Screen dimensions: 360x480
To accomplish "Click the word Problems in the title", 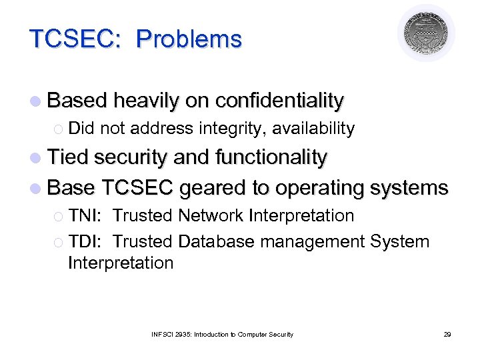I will (x=189, y=39).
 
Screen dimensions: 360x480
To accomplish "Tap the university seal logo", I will (x=426, y=33).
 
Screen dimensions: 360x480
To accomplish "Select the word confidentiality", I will (x=279, y=101).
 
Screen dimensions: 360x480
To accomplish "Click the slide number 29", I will (x=447, y=334).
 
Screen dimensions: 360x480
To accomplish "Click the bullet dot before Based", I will (x=35, y=101).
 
